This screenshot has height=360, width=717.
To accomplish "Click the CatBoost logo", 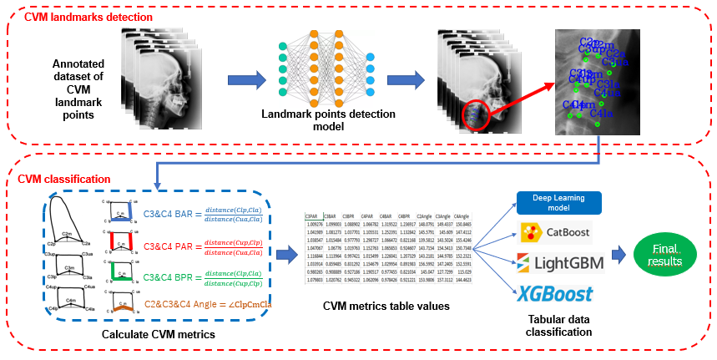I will (x=556, y=231).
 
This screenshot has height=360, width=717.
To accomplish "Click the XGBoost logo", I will (x=556, y=293).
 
